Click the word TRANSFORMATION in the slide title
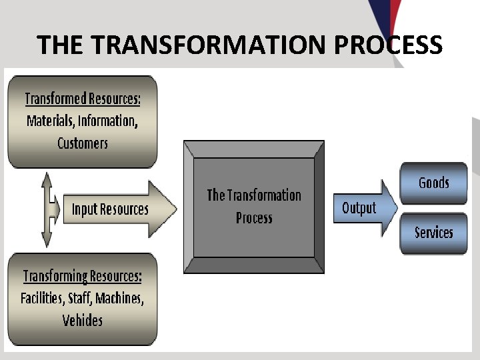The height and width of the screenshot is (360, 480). [209, 45]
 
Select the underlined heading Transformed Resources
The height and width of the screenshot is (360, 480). [83, 99]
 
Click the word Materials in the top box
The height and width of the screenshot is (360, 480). [51, 121]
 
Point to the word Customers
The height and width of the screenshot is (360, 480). [83, 143]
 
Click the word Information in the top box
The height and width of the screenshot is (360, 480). [109, 121]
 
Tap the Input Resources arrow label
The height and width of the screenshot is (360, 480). [111, 209]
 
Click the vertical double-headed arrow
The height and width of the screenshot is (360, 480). [46, 209]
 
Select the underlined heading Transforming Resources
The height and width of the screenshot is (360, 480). [82, 276]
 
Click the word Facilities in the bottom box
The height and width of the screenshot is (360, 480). [42, 298]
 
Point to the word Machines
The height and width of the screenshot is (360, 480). [120, 298]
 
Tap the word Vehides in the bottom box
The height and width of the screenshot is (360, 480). [83, 320]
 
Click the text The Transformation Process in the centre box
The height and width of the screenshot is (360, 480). [254, 206]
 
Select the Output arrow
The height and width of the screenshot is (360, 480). [360, 208]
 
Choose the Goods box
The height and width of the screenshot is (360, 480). [433, 183]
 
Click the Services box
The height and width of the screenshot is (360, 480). [433, 233]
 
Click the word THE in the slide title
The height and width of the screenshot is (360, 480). [61, 45]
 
